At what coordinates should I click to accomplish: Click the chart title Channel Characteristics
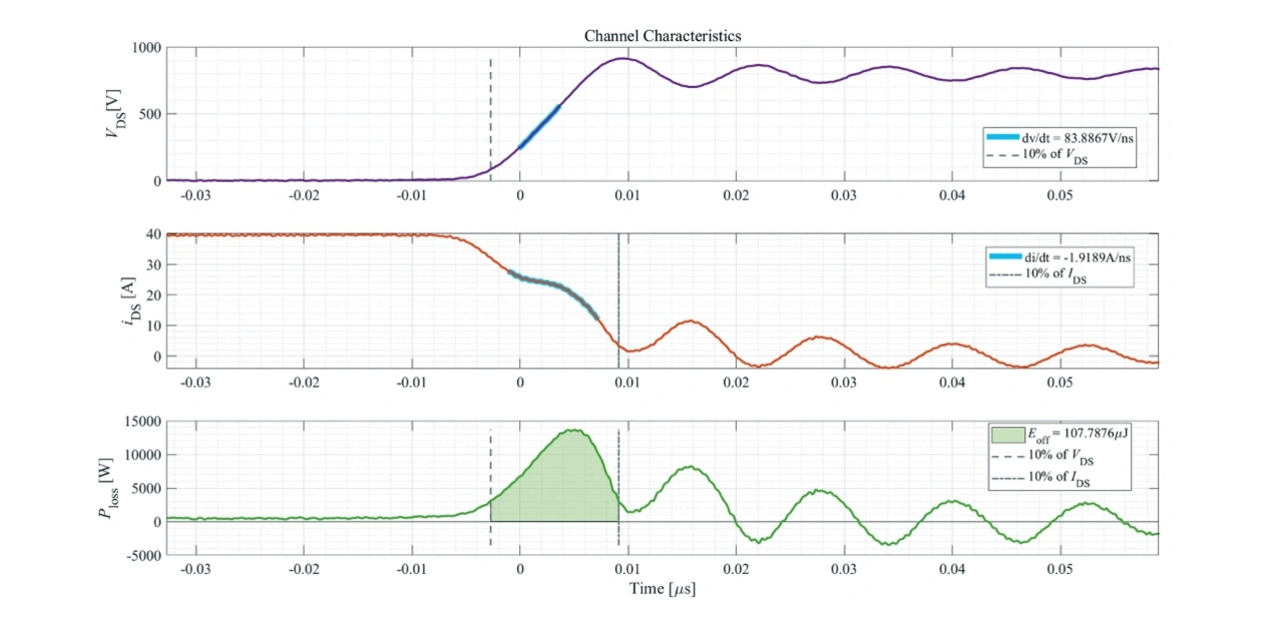(662, 36)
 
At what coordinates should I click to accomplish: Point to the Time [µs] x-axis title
(662, 588)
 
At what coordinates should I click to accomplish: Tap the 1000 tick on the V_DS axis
(143, 48)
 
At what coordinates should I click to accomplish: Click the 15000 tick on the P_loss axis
(140, 421)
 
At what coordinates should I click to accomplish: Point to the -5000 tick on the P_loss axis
(140, 555)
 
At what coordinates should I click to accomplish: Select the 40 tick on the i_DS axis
(152, 235)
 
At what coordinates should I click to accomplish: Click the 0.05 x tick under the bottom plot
(1060, 568)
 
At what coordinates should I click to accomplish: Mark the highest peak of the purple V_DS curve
(622, 58)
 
